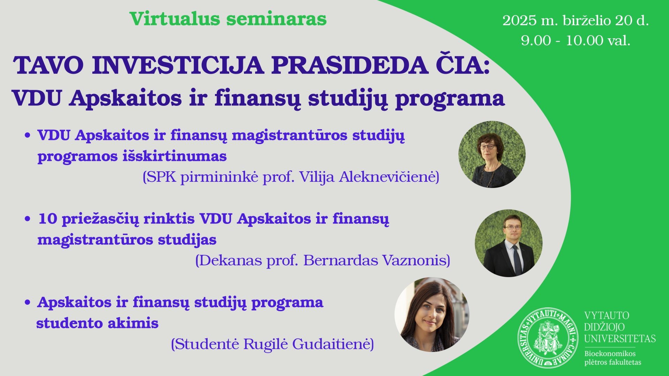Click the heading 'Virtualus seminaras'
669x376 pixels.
click(228, 19)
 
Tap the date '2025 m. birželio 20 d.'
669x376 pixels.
click(576, 21)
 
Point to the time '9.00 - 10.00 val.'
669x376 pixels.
click(576, 40)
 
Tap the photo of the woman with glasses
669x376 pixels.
click(492, 155)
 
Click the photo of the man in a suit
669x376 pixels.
click(509, 243)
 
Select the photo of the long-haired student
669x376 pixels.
click(432, 314)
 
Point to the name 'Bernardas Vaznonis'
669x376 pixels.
click(375, 260)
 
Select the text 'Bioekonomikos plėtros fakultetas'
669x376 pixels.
click(613, 358)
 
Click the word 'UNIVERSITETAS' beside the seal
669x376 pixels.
click(620, 339)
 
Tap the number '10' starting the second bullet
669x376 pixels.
click(48, 219)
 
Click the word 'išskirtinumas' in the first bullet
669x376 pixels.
click(175, 156)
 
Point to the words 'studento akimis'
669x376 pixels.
click(98, 323)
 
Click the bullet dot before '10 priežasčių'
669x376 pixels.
click(28, 219)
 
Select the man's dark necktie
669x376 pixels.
click(517, 259)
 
